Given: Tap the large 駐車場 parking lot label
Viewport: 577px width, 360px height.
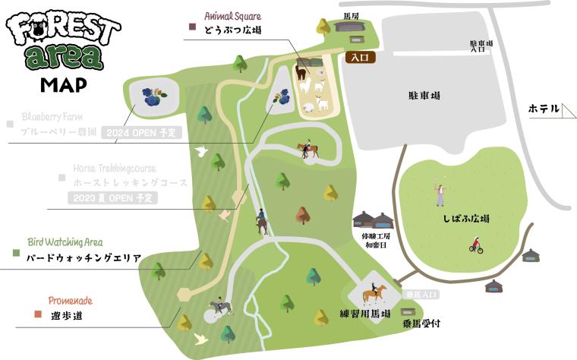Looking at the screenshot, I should [424, 96].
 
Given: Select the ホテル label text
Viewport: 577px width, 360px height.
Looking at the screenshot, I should [544, 109].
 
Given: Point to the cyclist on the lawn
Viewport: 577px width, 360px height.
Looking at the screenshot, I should [476, 245].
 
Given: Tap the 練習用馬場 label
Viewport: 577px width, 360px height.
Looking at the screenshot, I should [365, 313].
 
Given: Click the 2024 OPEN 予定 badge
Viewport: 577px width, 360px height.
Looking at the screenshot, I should [141, 132].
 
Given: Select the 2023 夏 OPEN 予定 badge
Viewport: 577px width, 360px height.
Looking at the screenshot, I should [112, 198].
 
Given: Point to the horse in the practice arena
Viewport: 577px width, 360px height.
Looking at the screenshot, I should [374, 292].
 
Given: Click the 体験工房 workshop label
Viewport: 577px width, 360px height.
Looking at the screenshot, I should [374, 236].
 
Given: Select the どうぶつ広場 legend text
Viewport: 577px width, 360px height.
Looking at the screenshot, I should [232, 31].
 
